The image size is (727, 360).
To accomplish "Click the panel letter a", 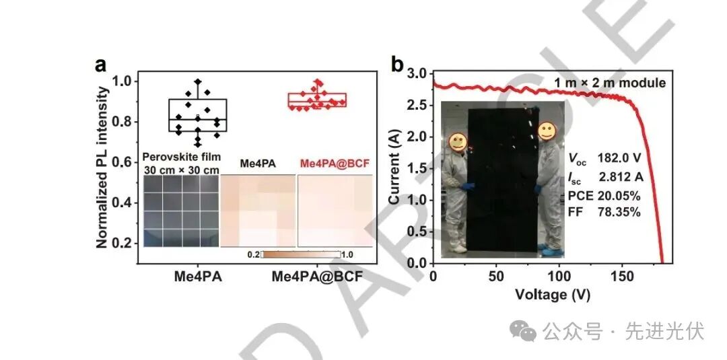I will click(x=101, y=65).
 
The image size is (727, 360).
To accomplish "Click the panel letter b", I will click(x=398, y=65).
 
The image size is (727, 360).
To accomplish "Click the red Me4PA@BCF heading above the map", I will click(x=335, y=164).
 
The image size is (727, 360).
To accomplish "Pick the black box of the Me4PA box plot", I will click(x=197, y=115).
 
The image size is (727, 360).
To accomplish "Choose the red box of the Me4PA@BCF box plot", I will click(x=317, y=100).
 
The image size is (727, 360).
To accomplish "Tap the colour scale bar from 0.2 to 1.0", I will click(x=300, y=255).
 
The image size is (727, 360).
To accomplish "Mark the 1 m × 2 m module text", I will click(x=610, y=83).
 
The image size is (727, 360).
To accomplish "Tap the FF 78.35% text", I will click(x=604, y=213).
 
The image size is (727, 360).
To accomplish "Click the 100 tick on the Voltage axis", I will click(x=559, y=277).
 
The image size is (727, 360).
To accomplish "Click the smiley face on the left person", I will click(x=458, y=141).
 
